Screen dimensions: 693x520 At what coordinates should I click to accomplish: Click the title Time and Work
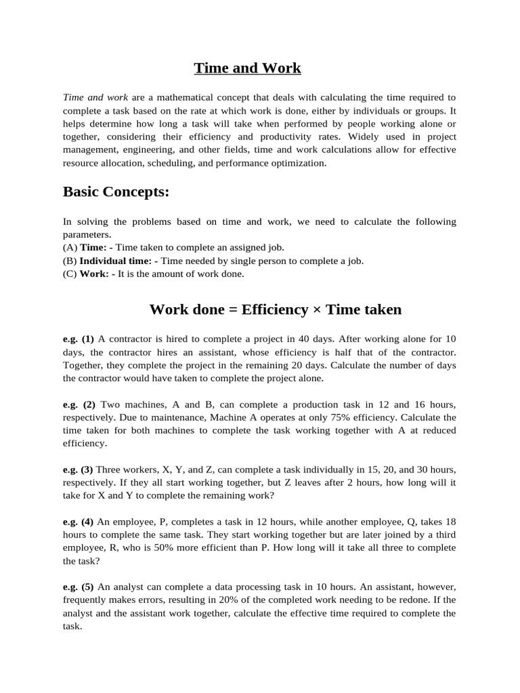pos(247,68)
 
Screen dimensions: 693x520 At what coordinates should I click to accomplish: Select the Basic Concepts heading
pos(116,192)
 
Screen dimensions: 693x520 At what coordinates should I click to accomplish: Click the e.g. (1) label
pos(78,338)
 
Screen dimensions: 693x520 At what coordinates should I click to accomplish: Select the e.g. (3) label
pos(78,470)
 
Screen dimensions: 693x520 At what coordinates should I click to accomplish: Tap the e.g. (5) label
pos(78,587)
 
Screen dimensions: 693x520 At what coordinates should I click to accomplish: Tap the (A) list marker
pos(70,248)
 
